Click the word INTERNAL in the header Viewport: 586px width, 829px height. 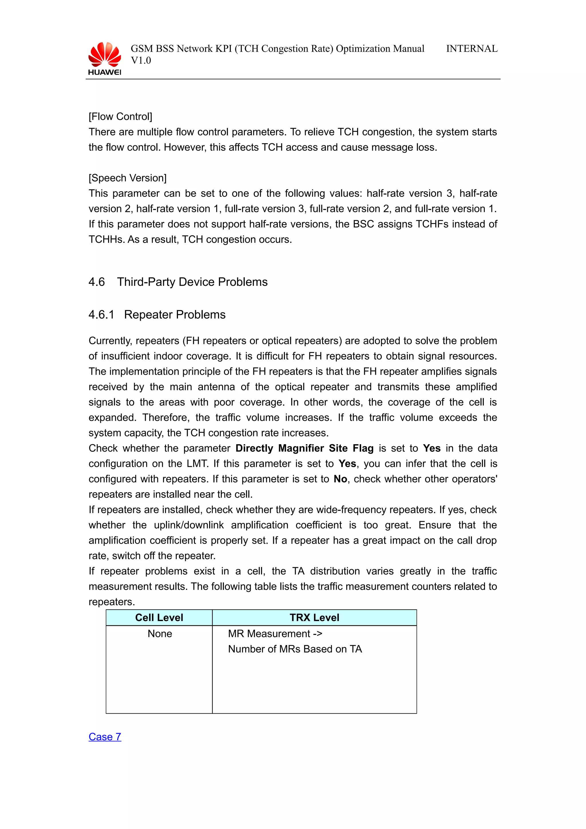[x=472, y=49]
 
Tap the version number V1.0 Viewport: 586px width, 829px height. [x=141, y=61]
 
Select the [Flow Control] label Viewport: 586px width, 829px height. [x=120, y=117]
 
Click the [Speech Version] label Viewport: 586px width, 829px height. [x=127, y=178]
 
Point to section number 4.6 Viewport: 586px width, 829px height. [x=96, y=282]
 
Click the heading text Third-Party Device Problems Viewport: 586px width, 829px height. [x=192, y=282]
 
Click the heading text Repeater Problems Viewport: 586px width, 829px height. [x=175, y=315]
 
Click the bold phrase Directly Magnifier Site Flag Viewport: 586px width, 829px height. [x=304, y=449]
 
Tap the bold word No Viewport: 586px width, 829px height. [x=340, y=479]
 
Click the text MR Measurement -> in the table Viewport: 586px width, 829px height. [x=275, y=634]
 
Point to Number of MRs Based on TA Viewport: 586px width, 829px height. [x=295, y=649]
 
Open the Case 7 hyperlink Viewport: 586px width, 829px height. [x=105, y=737]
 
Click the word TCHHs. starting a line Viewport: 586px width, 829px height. [x=107, y=240]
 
